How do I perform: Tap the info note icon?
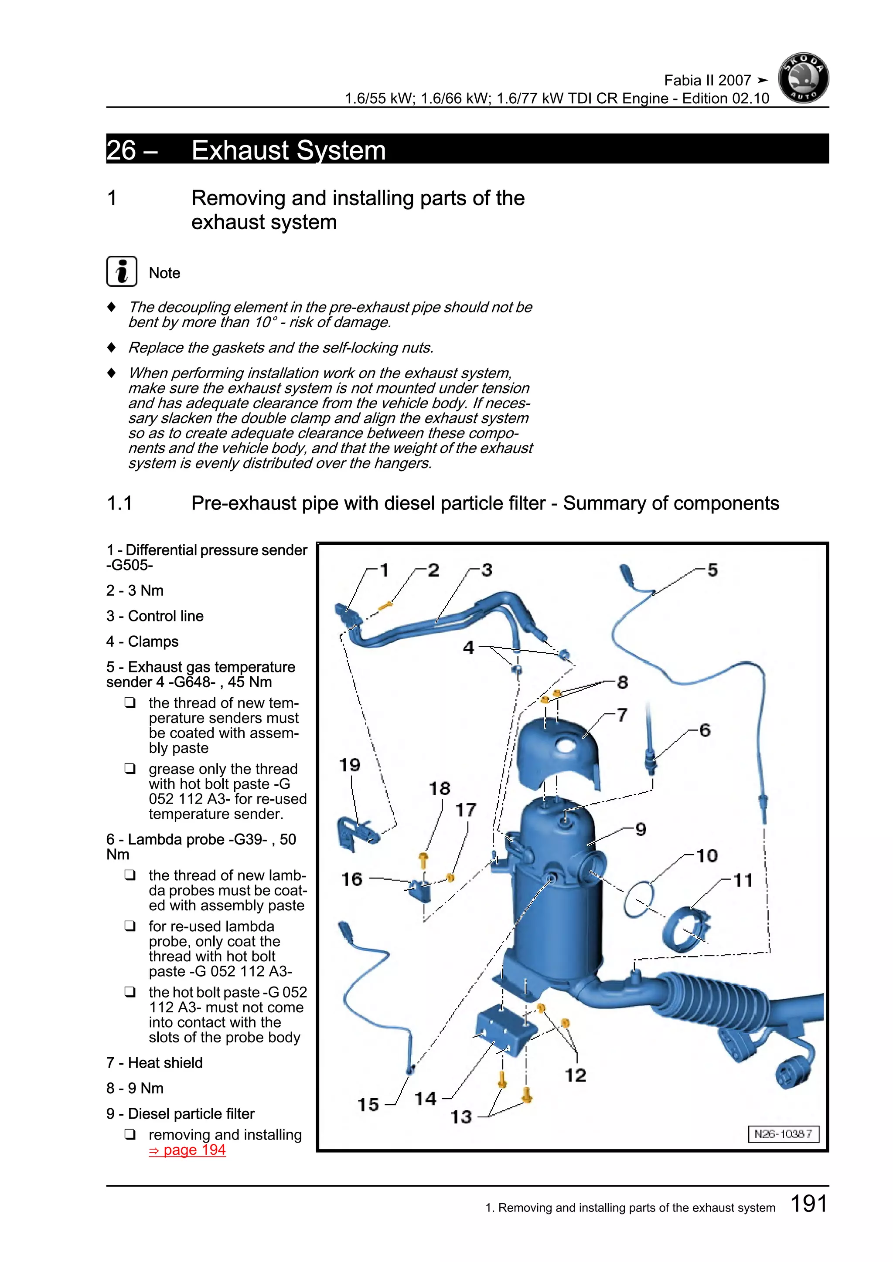[122, 271]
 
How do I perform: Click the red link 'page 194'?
[187, 1150]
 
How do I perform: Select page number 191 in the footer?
[808, 1204]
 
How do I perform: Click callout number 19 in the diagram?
[350, 765]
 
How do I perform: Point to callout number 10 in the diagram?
[707, 856]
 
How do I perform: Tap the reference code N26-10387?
[783, 1134]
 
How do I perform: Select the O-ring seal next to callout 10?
[638, 900]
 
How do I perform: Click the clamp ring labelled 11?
[686, 930]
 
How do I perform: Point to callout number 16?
[352, 879]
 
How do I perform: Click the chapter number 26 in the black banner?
[122, 150]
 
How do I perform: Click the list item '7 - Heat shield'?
[154, 1062]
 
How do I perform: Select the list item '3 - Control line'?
[155, 616]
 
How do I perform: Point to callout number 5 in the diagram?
[712, 570]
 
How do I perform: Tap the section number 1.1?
[119, 503]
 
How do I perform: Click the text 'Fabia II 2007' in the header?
[707, 81]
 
